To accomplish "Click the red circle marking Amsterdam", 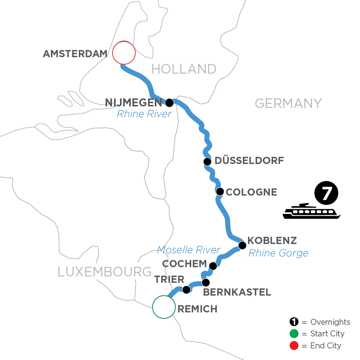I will coord(124,53).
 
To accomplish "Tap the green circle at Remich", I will coord(164,307).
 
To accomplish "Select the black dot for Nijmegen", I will coord(170,103).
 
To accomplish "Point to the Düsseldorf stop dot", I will coord(207,162).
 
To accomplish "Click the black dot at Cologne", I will coord(220,192).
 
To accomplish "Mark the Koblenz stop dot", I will coord(242,245).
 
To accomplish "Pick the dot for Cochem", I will coord(213,266).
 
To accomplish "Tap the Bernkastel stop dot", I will coord(206,282).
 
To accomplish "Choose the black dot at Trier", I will coord(186,289).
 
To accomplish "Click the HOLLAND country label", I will coord(184,69).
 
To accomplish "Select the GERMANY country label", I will coord(288,103).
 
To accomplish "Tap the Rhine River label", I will coord(144,114).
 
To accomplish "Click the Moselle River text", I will coord(188,250).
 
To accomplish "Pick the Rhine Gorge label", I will coord(278,253).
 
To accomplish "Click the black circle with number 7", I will coord(326,194).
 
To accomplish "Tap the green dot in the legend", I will coord(294,334).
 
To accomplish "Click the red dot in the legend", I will coord(294,345).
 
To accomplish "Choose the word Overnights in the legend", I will coord(330,322).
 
